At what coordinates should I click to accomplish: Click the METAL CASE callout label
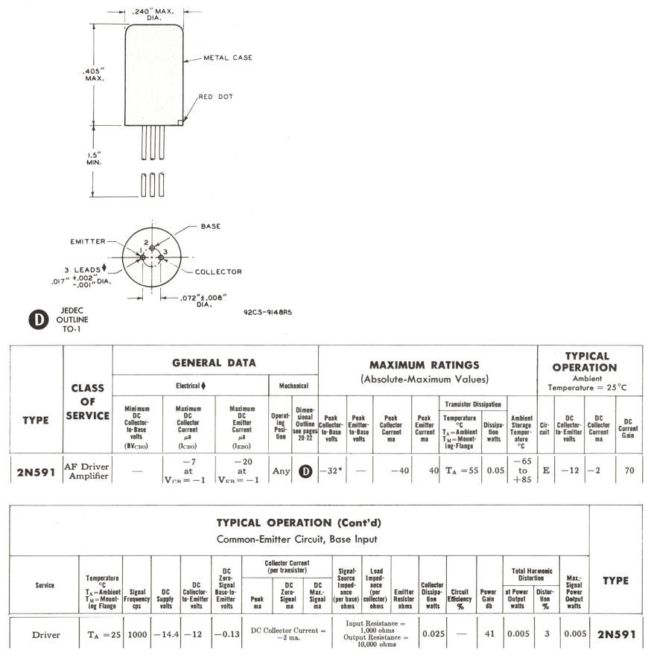click(x=228, y=57)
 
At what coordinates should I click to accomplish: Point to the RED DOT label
click(x=215, y=97)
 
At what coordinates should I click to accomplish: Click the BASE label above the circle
click(x=211, y=226)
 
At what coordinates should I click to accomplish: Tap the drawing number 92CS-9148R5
click(x=267, y=312)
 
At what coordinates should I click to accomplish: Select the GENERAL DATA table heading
click(x=215, y=363)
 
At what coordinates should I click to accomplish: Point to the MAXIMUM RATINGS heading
click(x=425, y=365)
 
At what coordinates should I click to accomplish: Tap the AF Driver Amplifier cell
click(x=88, y=470)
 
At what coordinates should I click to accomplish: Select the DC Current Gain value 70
click(x=629, y=470)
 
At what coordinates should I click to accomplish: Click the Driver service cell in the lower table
click(x=45, y=635)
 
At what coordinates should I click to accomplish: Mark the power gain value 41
click(x=488, y=635)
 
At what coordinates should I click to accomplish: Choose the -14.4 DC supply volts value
click(x=166, y=635)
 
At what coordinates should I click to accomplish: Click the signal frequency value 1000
click(x=137, y=635)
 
